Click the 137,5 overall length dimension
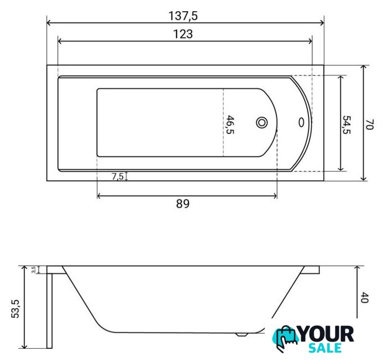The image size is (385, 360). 183,16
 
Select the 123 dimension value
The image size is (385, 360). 183,34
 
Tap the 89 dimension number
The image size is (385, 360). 183,204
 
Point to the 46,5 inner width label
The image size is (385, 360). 230,125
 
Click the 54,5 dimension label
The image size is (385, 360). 346,125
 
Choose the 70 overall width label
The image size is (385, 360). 369,124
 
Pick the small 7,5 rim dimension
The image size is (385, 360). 117,176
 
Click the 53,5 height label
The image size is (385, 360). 15,309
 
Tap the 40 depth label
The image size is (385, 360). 365,298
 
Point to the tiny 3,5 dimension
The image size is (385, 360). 34,269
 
